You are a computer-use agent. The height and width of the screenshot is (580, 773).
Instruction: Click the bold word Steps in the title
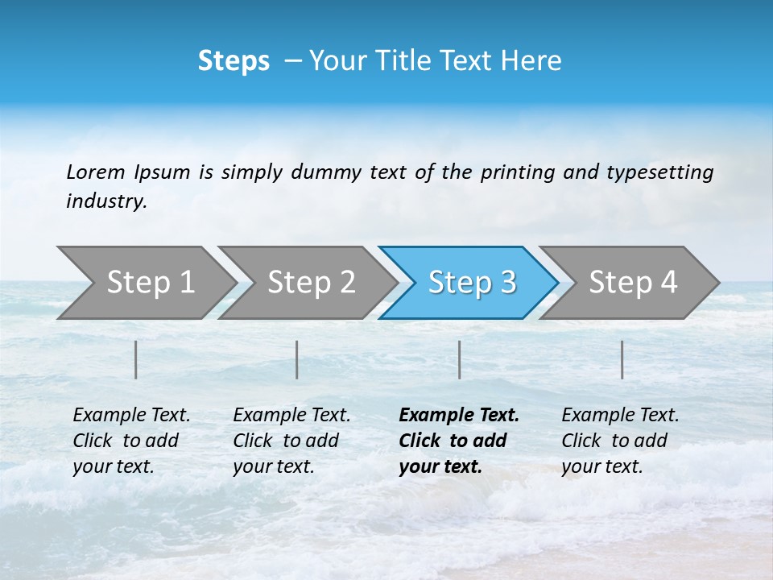pyautogui.click(x=234, y=61)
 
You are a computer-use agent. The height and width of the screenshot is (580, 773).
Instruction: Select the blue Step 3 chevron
pyautogui.click(x=471, y=282)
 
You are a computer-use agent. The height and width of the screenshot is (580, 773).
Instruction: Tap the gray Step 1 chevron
pyautogui.click(x=150, y=282)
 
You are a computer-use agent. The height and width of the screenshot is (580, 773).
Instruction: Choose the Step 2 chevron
pyautogui.click(x=311, y=282)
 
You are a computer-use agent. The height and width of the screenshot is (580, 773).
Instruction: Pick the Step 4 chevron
pyautogui.click(x=633, y=282)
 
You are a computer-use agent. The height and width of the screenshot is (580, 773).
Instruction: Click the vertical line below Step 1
pyautogui.click(x=136, y=359)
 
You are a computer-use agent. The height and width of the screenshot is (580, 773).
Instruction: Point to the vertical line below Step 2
pyautogui.click(x=297, y=359)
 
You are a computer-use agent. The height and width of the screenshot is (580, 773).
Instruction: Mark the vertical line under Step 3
pyautogui.click(x=459, y=359)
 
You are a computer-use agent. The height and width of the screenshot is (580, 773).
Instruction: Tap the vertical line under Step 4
pyautogui.click(x=622, y=359)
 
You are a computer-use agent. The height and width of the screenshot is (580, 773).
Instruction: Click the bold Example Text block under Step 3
pyautogui.click(x=458, y=441)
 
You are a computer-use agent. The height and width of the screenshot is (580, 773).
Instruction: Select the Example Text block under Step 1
pyautogui.click(x=131, y=441)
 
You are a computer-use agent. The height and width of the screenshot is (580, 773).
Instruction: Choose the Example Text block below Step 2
pyautogui.click(x=291, y=441)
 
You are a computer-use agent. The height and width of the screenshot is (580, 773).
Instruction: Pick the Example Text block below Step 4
pyautogui.click(x=620, y=441)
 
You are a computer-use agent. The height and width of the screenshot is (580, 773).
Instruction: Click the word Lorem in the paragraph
pyautogui.click(x=96, y=172)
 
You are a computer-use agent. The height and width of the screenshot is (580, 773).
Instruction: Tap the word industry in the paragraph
pyautogui.click(x=105, y=201)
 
